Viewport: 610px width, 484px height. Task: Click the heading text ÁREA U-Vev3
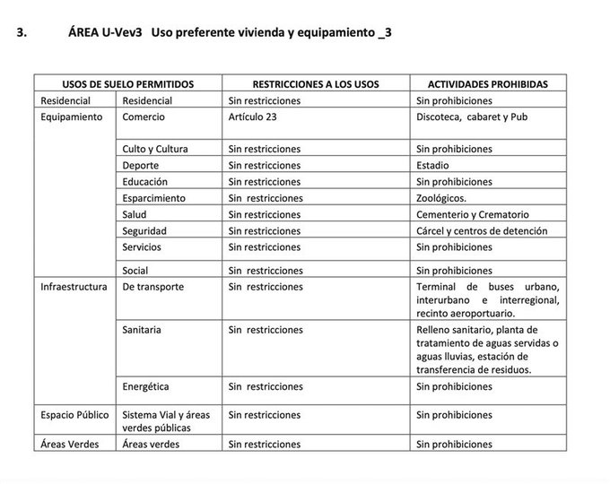tap(104, 33)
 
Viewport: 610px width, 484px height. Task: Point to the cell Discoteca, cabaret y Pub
tap(473, 117)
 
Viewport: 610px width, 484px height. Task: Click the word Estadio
tap(434, 165)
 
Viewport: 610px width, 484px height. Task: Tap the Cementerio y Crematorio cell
tap(473, 214)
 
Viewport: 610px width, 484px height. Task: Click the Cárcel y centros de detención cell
tap(482, 231)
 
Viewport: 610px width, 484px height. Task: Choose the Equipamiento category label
tap(72, 117)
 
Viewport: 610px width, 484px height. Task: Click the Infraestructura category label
tap(74, 287)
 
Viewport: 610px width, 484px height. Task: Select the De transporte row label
tap(152, 287)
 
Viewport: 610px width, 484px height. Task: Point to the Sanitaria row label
tap(142, 331)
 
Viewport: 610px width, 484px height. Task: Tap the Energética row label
tap(145, 387)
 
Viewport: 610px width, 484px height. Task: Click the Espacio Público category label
tap(74, 415)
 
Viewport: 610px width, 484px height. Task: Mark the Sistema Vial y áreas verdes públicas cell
tap(166, 421)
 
